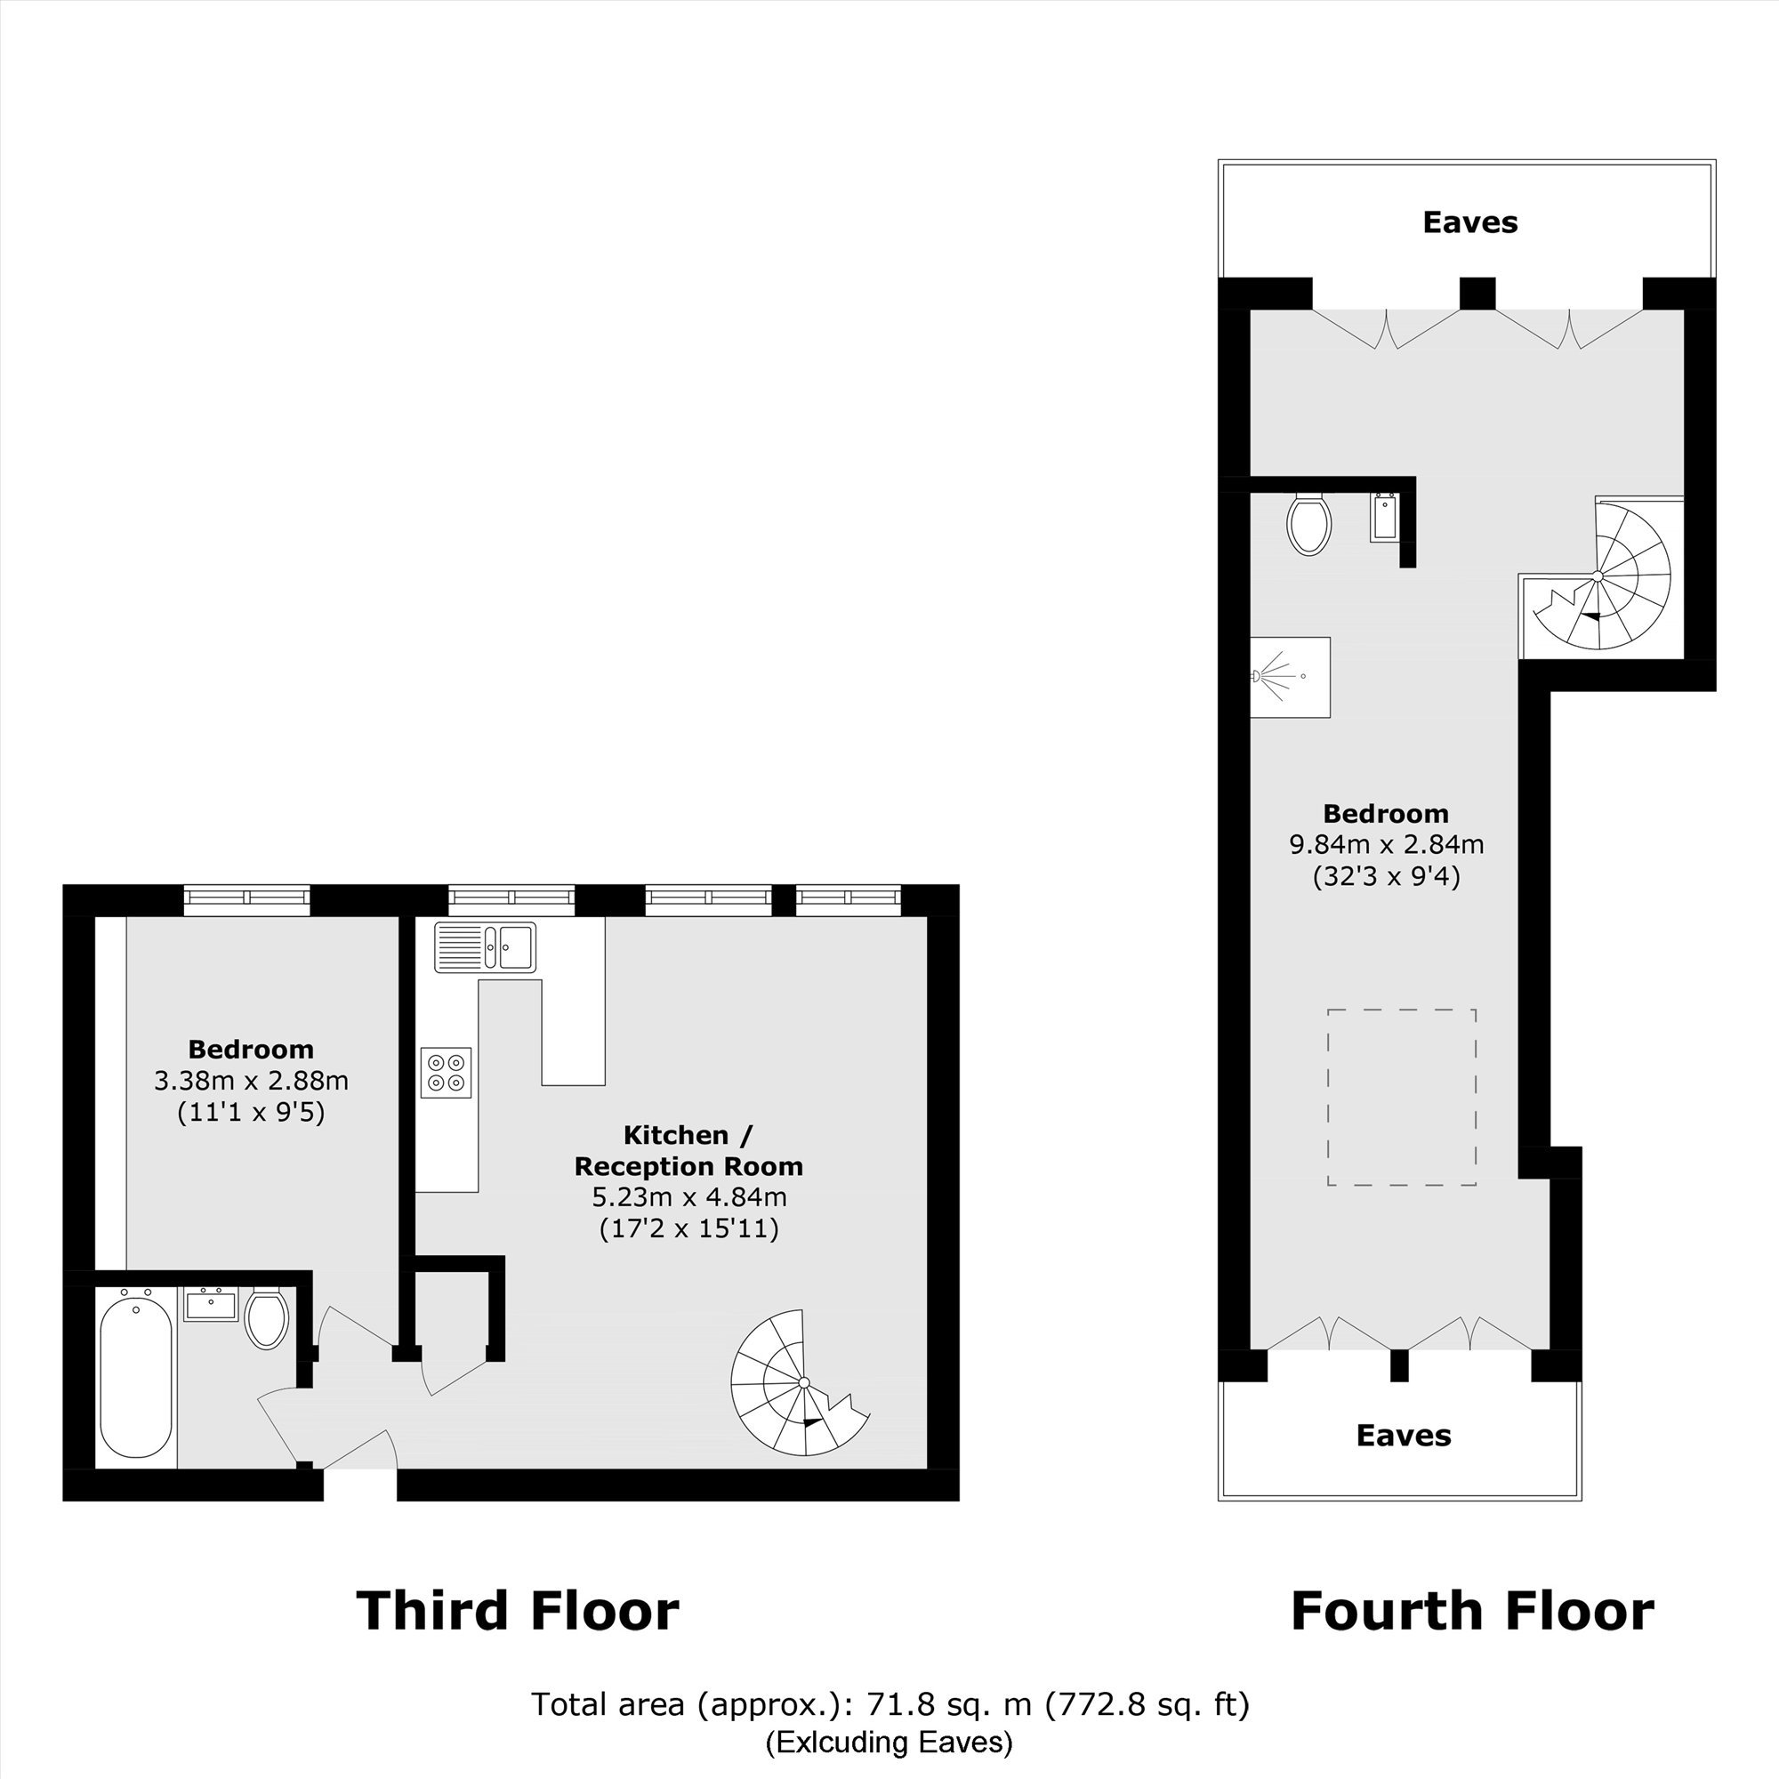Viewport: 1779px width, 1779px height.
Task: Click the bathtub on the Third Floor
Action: pyautogui.click(x=135, y=1379)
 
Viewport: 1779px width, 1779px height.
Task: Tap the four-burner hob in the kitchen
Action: pyautogui.click(x=446, y=1073)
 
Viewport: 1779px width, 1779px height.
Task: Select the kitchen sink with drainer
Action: pyautogui.click(x=486, y=947)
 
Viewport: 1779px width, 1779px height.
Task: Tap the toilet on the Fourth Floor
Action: pyautogui.click(x=1308, y=523)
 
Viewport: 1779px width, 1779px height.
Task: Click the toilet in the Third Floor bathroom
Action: pyautogui.click(x=267, y=1318)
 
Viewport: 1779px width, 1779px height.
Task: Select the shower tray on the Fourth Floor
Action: pyautogui.click(x=1290, y=677)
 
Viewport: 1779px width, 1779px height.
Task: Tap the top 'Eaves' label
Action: pyautogui.click(x=1470, y=221)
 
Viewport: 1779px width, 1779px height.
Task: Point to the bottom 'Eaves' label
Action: pyautogui.click(x=1405, y=1436)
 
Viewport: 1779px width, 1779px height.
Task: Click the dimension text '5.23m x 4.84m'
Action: pyautogui.click(x=688, y=1197)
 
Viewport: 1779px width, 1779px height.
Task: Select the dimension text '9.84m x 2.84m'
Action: pyautogui.click(x=1387, y=843)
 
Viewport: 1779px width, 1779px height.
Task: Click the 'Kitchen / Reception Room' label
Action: pyautogui.click(x=688, y=1150)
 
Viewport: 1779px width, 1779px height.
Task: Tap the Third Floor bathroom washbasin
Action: pyautogui.click(x=211, y=1305)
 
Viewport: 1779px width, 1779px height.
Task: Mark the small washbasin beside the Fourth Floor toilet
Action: pyautogui.click(x=1383, y=518)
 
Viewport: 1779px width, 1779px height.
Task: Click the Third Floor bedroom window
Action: pyautogui.click(x=246, y=899)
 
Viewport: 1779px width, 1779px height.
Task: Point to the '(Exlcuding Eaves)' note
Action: pyautogui.click(x=889, y=1742)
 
